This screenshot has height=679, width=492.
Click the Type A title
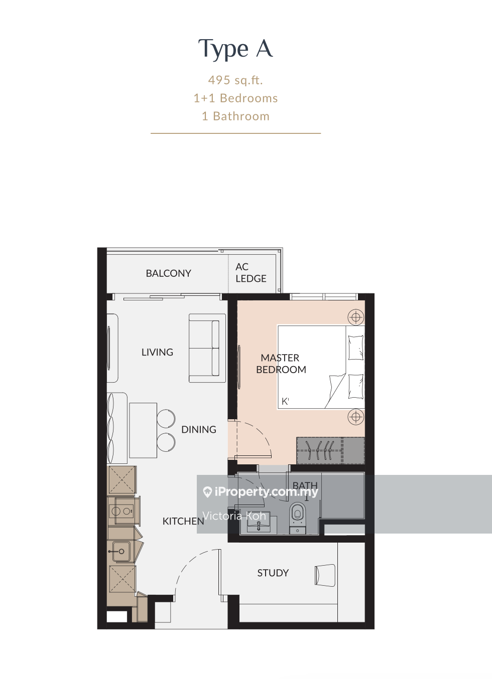click(235, 49)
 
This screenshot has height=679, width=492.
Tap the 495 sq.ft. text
click(235, 80)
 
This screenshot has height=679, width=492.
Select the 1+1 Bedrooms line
click(235, 98)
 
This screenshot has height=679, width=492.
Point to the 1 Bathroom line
click(235, 116)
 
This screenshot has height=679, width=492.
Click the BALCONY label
click(169, 273)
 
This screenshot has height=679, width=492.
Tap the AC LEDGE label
click(251, 273)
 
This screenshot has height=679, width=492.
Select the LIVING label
click(157, 352)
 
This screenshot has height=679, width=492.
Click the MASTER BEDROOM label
click(281, 364)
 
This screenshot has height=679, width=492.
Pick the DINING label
click(199, 430)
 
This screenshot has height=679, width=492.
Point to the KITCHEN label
click(183, 521)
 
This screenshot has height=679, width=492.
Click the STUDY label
click(273, 573)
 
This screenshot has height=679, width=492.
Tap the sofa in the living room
click(207, 348)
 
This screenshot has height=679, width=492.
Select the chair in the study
click(325, 575)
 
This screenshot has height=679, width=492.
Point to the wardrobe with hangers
click(330, 450)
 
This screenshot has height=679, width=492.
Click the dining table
click(143, 430)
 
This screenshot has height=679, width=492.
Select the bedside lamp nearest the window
click(356, 317)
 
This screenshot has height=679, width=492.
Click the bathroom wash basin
click(258, 526)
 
